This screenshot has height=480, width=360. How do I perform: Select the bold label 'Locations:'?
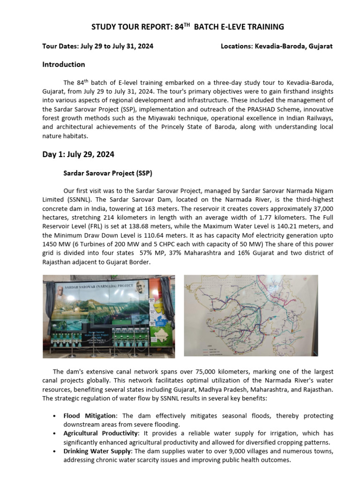tap(237, 46)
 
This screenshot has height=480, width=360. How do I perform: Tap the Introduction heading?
tap(64, 64)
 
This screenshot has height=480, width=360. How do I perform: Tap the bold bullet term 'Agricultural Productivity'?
tap(101, 434)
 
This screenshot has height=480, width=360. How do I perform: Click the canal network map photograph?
tap(251, 315)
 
